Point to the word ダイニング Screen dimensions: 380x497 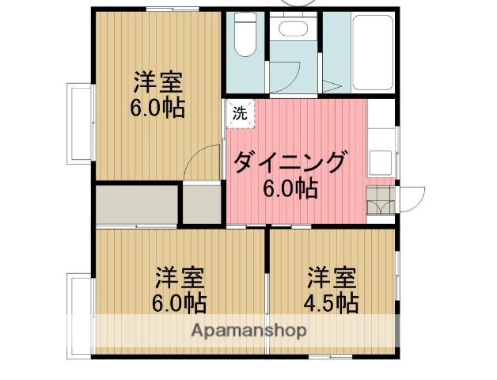click(x=290, y=163)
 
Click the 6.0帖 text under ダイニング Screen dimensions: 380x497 click(x=290, y=188)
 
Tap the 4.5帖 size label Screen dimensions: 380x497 click(x=332, y=302)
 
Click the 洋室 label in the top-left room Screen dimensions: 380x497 click(x=157, y=82)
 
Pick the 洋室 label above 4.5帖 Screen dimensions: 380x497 click(x=332, y=278)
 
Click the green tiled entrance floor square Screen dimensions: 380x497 click(x=380, y=201)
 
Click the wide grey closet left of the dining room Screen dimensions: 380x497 click(x=136, y=205)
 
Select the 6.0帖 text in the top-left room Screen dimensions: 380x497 click(x=157, y=107)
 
